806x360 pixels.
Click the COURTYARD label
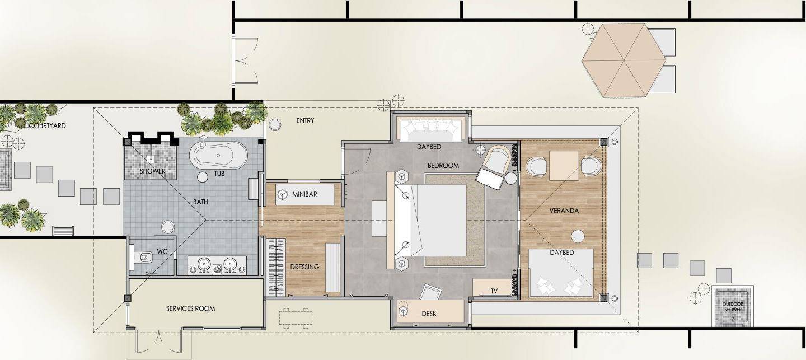[48, 126]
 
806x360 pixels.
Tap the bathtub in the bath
[218, 155]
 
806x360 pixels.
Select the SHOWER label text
[153, 171]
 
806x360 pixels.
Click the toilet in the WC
[143, 257]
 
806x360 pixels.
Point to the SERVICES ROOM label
[190, 308]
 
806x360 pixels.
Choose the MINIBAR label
[304, 194]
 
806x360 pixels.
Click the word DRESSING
[304, 267]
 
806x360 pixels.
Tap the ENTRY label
[305, 120]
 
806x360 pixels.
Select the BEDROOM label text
[443, 166]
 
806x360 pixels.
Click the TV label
[494, 291]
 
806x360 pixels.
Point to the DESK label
[429, 314]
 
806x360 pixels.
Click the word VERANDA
[564, 211]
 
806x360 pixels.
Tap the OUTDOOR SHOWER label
[733, 307]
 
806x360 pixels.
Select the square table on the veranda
[564, 166]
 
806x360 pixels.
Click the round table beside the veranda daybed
[578, 236]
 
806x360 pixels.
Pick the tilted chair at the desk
[432, 292]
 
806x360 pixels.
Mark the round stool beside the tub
[203, 177]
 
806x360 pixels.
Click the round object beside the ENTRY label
[275, 124]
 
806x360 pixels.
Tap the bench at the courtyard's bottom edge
[63, 231]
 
